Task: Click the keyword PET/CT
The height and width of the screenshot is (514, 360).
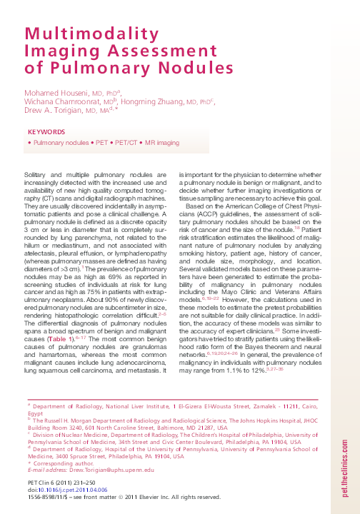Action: click(129, 143)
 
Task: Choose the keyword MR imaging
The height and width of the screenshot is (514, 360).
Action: click(162, 143)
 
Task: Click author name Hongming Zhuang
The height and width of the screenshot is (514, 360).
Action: click(157, 102)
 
